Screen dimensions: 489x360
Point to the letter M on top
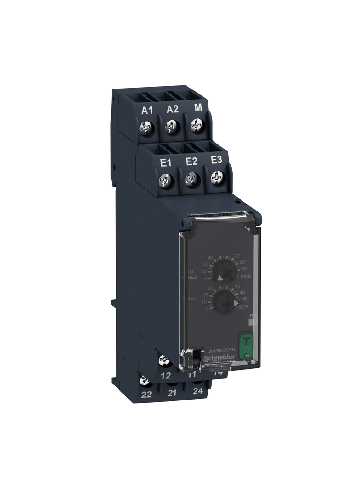click(x=198, y=108)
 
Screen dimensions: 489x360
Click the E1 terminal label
click(x=165, y=162)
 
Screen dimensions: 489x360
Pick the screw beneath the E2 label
click(x=191, y=178)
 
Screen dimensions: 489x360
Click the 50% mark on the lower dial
click(x=243, y=307)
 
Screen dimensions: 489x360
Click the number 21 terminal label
click(x=172, y=393)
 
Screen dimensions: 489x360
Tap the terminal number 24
click(x=198, y=391)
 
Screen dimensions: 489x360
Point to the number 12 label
click(x=166, y=375)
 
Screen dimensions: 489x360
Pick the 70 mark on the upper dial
click(x=237, y=255)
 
